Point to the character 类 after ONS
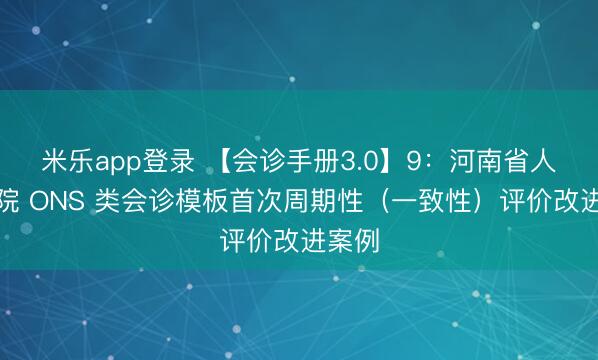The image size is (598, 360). point(107,200)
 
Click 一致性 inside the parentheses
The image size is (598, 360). point(428,200)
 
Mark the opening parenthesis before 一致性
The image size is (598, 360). point(381,200)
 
